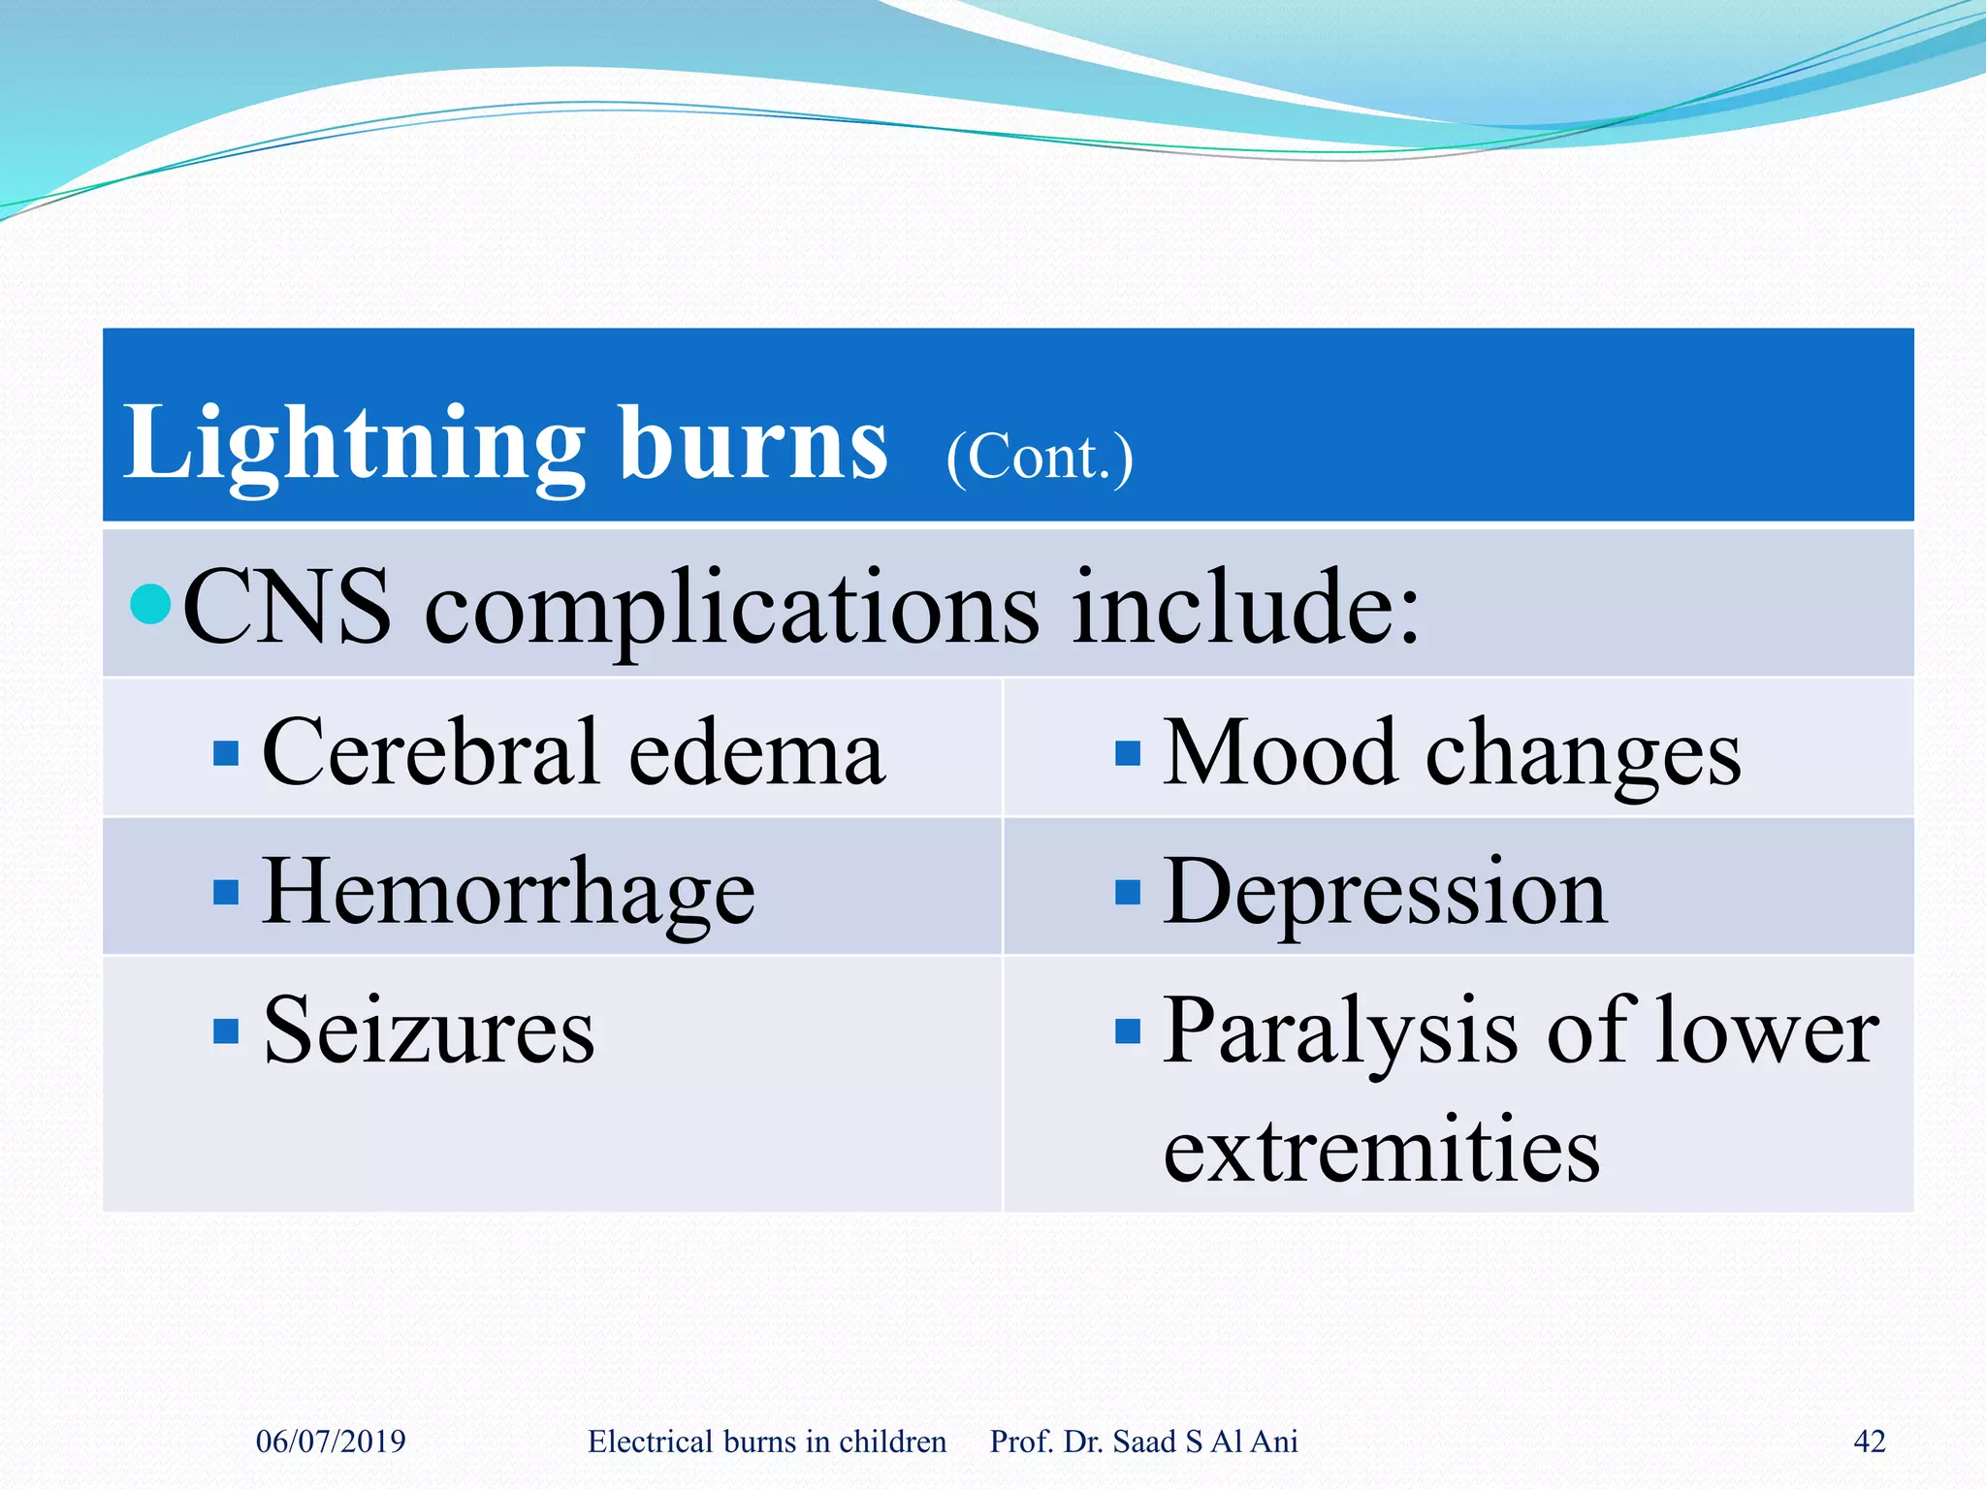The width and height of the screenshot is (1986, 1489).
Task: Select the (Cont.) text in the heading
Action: point(1039,458)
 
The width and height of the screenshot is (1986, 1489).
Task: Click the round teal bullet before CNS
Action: point(150,605)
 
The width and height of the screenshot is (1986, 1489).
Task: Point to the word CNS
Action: point(288,609)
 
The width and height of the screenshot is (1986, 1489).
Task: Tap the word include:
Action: point(1245,609)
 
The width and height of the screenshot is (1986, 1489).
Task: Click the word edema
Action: point(756,754)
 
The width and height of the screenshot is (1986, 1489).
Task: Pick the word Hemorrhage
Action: point(508,894)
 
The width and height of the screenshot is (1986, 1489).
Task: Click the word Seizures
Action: point(429,1031)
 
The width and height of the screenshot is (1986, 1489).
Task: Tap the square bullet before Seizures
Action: point(226,1030)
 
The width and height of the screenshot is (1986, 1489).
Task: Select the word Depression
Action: point(1385,894)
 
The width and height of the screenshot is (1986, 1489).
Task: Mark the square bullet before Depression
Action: point(1128,892)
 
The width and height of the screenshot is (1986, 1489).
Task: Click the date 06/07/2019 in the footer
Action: point(331,1441)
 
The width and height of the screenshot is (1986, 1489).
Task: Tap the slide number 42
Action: point(1869,1441)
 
